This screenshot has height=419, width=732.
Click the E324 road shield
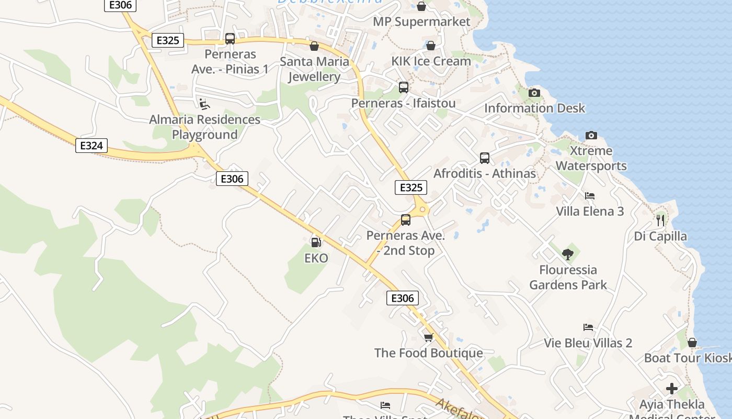pos(92,145)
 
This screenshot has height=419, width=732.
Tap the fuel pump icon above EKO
pos(316,242)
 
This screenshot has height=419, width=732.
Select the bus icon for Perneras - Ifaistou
pos(403,87)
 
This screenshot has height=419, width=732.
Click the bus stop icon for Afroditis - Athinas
pos(485,158)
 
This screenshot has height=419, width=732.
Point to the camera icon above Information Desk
pos(534,93)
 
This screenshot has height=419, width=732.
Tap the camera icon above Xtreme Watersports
pos(591,135)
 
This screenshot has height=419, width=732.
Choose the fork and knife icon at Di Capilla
pos(660,220)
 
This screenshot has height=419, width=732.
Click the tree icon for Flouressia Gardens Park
pos(568,255)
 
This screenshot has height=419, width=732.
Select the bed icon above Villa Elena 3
pos(590,196)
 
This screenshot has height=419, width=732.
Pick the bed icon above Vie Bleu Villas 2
pos(588,327)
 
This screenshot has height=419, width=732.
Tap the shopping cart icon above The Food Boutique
pos(428,337)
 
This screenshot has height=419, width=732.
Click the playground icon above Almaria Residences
pos(204,104)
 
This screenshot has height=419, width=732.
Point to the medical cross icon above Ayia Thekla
pos(672,389)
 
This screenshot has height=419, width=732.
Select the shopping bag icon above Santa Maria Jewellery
pos(314,46)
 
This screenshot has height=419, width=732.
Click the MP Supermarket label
pos(421,21)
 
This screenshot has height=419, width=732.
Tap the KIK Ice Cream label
pos(431,61)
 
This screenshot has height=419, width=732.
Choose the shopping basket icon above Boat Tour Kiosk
pos(692,343)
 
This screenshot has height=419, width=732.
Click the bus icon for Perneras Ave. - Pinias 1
pos(230,38)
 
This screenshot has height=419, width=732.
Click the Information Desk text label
pos(534,108)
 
